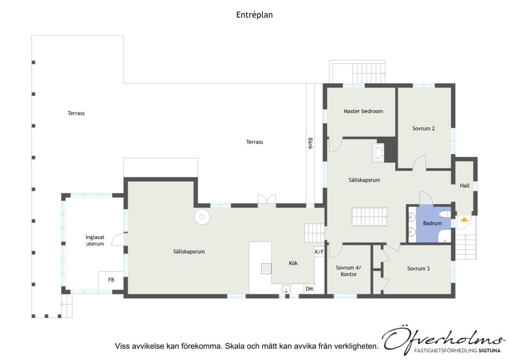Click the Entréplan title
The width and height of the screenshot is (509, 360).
254,15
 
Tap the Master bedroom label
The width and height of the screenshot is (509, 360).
363,111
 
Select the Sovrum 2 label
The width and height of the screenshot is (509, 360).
423,128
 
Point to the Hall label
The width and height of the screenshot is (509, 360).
465,186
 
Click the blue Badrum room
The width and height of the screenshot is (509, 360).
433,225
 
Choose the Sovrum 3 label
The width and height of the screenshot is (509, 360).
418,268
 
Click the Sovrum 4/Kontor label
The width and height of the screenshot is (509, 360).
349,271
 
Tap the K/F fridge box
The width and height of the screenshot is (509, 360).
320,252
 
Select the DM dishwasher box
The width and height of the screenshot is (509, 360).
309,289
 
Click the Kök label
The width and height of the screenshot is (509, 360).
293,263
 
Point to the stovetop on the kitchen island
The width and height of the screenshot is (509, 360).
266,268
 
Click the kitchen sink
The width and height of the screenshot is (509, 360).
286,289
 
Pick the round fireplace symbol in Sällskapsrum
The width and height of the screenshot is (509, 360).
202,216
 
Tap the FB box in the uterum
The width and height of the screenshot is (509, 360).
111,281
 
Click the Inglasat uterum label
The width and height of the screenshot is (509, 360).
95,240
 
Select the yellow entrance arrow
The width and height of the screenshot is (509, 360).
464,220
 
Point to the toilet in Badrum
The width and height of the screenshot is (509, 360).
444,214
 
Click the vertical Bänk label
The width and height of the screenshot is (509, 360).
310,143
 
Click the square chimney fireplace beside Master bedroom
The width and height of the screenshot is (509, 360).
378,153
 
